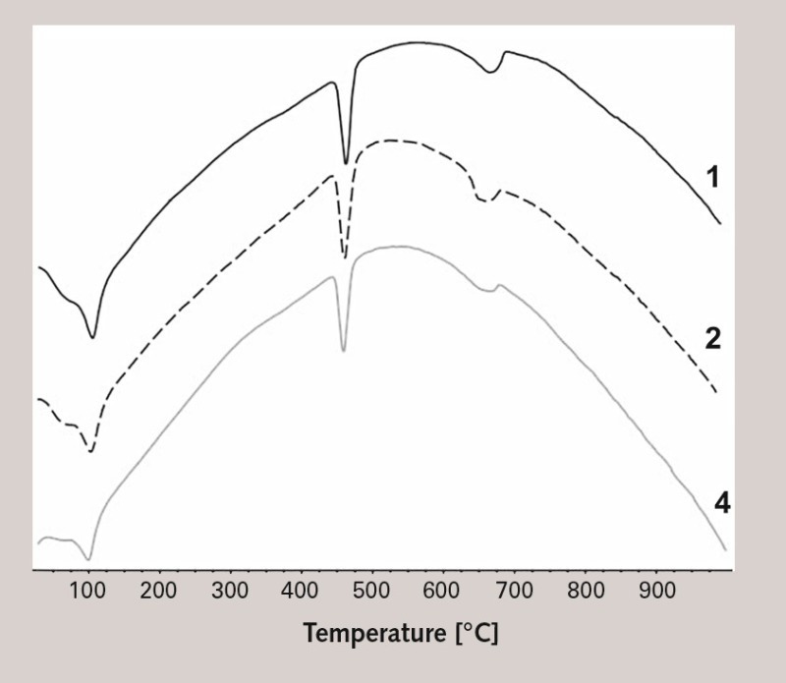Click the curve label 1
click(x=713, y=178)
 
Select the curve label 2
click(x=714, y=340)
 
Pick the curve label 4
click(x=722, y=504)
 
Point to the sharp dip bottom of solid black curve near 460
click(x=346, y=163)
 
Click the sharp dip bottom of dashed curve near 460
click(x=345, y=257)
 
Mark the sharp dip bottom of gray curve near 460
click(x=343, y=350)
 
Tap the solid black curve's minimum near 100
click(x=93, y=337)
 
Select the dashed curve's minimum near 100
click(x=91, y=451)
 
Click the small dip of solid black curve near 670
click(x=489, y=72)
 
